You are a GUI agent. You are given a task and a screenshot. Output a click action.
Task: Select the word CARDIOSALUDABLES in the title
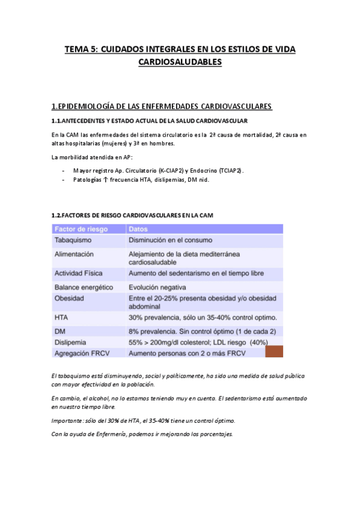pos(180,62)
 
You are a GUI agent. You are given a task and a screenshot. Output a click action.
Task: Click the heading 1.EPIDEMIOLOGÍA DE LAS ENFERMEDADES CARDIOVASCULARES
pos(153,106)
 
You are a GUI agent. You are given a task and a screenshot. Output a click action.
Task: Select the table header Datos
pos(139,229)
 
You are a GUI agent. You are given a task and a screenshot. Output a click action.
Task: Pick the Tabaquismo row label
pos(75,240)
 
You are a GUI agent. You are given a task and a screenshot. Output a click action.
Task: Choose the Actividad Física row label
pos(79,273)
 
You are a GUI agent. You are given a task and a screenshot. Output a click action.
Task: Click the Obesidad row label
pos(69,298)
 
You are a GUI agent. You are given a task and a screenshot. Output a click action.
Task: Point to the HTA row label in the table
pos(61,317)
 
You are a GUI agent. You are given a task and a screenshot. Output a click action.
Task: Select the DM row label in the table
pos(59,331)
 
